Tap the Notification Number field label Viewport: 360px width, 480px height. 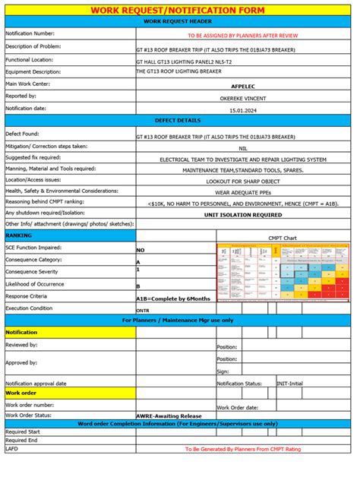click(30, 33)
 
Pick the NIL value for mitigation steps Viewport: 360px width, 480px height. click(243, 148)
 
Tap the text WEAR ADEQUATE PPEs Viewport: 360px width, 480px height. click(243, 193)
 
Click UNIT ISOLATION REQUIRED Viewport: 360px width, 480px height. click(243, 215)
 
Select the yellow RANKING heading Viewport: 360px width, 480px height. click(19, 236)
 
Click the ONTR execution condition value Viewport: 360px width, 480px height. click(143, 311)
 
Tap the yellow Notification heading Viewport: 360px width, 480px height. click(22, 333)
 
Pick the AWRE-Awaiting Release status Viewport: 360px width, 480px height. click(169, 415)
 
